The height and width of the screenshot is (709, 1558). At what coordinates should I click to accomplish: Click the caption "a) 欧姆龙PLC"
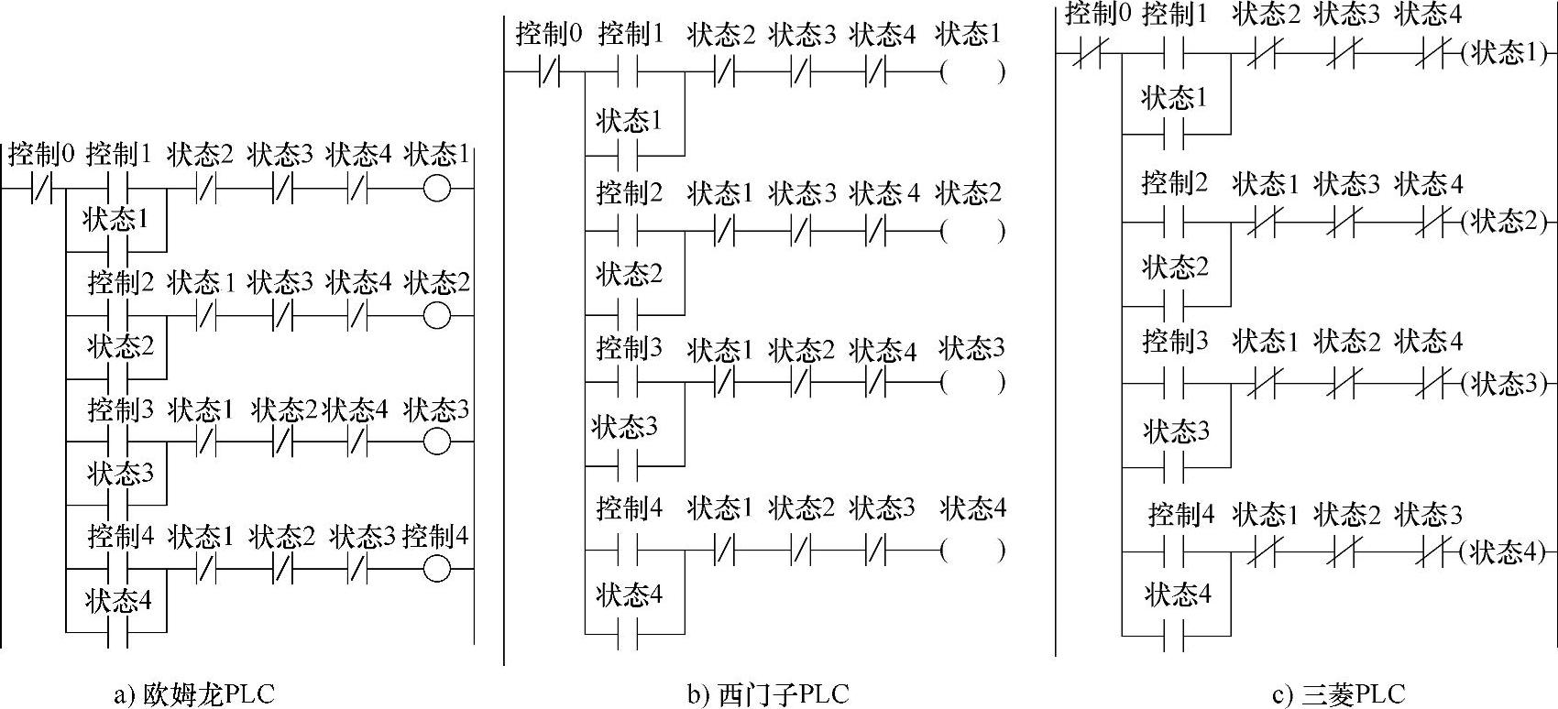coord(194,693)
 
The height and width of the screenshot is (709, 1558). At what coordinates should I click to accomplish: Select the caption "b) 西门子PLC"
coord(769,693)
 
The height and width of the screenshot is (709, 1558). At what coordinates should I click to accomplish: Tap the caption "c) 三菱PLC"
coord(1339,693)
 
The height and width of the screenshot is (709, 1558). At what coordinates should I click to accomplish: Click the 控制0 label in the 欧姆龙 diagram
coord(41,154)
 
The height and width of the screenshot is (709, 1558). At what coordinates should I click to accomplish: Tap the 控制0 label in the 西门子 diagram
coord(549,34)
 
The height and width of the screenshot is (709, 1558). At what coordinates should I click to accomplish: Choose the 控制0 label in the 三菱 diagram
coord(1098,13)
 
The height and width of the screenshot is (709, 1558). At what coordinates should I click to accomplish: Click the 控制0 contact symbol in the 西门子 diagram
coord(550,71)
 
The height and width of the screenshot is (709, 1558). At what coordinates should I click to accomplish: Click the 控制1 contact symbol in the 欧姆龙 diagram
coord(118,189)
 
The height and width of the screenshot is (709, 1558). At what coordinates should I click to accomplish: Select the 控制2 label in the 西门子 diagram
coord(629,193)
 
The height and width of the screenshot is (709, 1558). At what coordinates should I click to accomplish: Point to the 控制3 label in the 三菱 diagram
coord(1176,342)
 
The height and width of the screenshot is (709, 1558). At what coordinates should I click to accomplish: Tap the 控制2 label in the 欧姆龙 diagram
coord(120,283)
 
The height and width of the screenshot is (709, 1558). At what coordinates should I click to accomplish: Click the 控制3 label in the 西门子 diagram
coord(629,347)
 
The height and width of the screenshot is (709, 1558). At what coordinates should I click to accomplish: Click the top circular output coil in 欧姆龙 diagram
coord(437,189)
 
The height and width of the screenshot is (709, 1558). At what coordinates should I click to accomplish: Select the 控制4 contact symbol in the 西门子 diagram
coord(628,551)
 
